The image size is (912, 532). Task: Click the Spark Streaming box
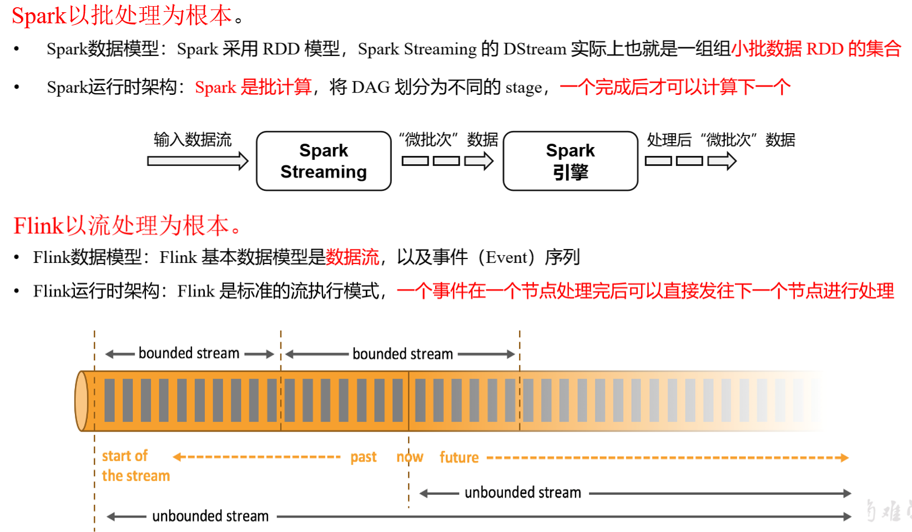click(x=324, y=161)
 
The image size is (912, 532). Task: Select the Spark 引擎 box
click(x=570, y=161)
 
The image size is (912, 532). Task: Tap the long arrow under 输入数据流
click(x=197, y=161)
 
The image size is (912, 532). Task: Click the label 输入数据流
click(x=192, y=140)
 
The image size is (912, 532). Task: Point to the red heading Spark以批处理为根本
click(x=122, y=16)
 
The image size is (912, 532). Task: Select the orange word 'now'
click(x=410, y=457)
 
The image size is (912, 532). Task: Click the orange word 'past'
click(x=364, y=457)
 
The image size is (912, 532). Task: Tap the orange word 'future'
click(x=459, y=457)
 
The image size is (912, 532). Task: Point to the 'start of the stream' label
click(x=135, y=466)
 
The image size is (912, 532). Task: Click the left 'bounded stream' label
click(x=189, y=353)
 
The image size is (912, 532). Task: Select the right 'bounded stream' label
click(x=402, y=354)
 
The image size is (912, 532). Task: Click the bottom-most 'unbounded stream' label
click(x=210, y=516)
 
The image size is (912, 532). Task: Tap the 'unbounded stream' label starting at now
click(x=522, y=493)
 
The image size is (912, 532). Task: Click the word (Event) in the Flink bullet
click(x=507, y=257)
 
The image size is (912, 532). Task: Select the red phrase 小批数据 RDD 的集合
click(x=815, y=49)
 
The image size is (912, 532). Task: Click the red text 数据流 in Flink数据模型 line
click(x=352, y=257)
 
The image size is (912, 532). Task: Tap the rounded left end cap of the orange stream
click(x=82, y=401)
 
